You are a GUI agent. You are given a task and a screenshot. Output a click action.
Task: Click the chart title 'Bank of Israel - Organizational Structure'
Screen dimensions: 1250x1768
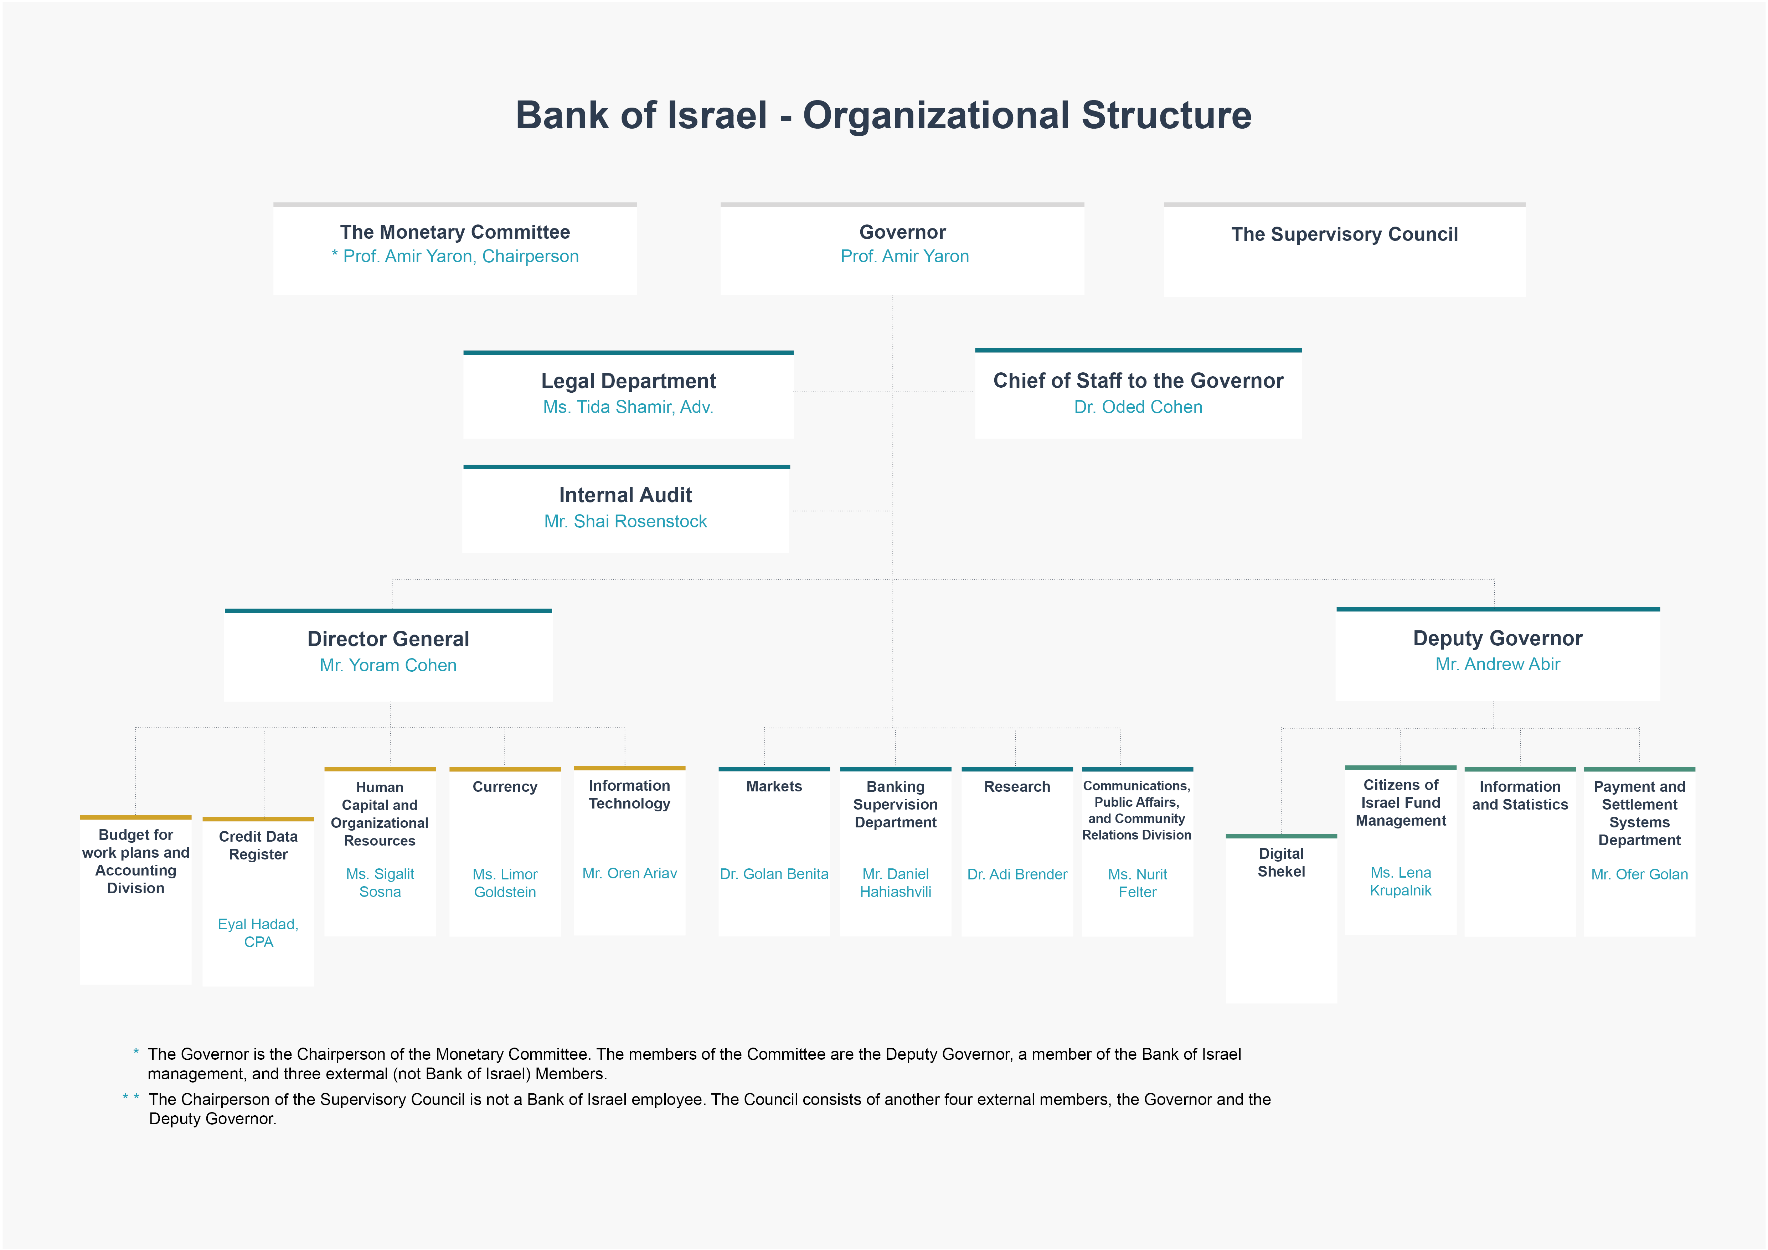(883, 115)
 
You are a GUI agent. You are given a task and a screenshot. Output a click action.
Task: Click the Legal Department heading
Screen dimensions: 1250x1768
(628, 381)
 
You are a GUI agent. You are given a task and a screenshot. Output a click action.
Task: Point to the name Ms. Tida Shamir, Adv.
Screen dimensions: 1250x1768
(628, 407)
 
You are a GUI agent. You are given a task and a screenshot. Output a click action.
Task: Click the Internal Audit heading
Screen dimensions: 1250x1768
(625, 495)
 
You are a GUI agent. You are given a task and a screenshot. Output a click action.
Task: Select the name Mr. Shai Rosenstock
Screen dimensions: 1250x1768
(625, 522)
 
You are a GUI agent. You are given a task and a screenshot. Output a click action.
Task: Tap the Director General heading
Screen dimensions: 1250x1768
(388, 639)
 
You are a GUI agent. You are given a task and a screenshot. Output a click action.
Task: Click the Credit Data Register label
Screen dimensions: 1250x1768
(258, 845)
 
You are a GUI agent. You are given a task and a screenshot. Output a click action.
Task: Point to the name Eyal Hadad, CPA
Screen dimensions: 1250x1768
(258, 933)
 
